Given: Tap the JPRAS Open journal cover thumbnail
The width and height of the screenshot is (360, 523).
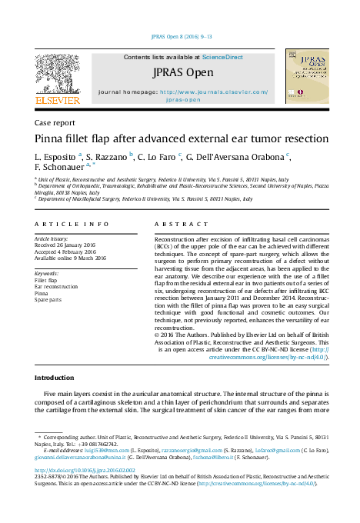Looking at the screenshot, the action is tap(306, 75).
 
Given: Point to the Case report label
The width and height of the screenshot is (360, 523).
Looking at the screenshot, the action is tap(55, 122).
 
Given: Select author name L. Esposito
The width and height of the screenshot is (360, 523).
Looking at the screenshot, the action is tap(55, 156).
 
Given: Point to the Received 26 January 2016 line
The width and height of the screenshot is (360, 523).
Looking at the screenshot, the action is tap(71, 245).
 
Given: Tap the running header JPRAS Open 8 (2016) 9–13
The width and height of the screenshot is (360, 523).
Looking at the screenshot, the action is tap(181, 35).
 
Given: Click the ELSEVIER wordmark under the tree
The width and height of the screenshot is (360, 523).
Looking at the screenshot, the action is tap(58, 100).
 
